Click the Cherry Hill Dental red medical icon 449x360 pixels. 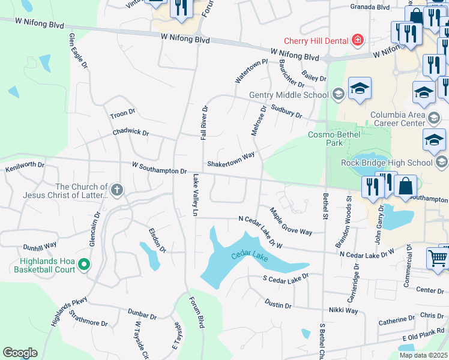(x=358, y=40)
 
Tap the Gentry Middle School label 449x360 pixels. (x=289, y=95)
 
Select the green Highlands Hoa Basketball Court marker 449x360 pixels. (x=84, y=264)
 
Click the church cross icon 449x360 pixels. (x=116, y=190)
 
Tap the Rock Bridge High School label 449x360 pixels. (x=387, y=162)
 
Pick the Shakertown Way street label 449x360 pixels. (x=231, y=160)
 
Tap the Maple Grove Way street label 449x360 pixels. (x=291, y=222)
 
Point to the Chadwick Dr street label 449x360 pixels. (x=130, y=132)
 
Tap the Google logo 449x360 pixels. (x=20, y=353)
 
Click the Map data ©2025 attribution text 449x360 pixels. (x=423, y=355)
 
